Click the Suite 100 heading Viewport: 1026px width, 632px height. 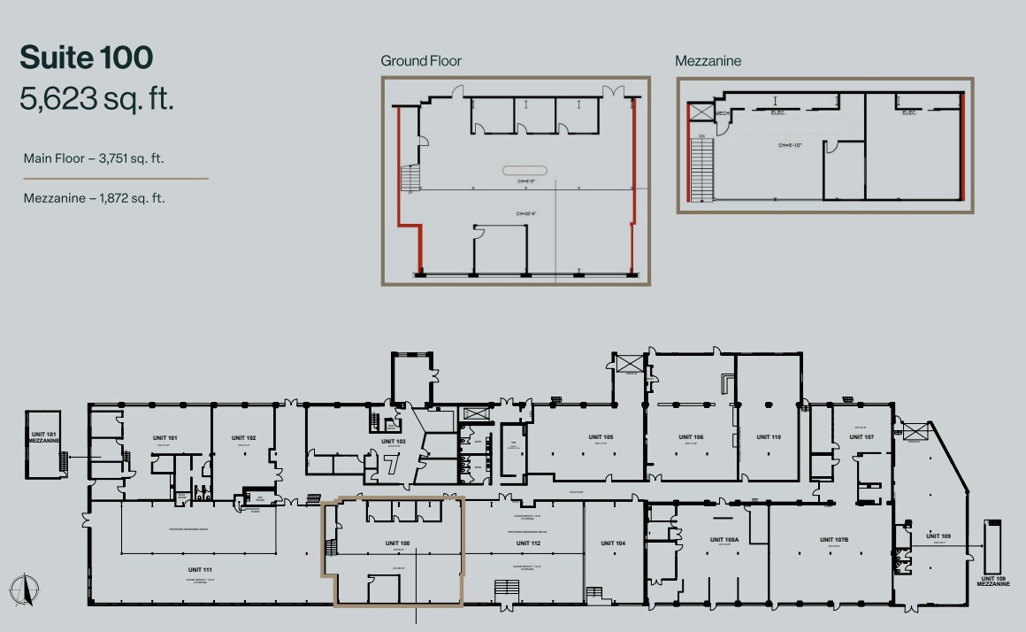click(x=87, y=58)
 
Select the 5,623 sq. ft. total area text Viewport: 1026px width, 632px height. click(x=96, y=99)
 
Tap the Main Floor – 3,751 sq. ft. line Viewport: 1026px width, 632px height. click(x=95, y=158)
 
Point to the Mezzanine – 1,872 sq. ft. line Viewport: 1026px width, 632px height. click(x=95, y=198)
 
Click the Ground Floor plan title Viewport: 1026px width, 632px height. click(x=421, y=61)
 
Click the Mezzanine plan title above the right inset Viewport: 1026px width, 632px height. click(x=708, y=61)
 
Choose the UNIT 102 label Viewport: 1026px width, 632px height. click(x=243, y=438)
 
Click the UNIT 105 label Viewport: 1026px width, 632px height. click(x=601, y=437)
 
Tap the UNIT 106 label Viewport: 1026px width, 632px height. click(x=691, y=437)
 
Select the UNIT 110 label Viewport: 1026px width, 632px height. click(x=769, y=437)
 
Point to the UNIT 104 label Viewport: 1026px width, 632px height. click(x=613, y=543)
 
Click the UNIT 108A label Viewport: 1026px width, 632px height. click(x=724, y=539)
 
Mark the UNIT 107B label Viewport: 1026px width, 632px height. click(x=834, y=539)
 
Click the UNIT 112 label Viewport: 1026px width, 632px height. click(x=528, y=543)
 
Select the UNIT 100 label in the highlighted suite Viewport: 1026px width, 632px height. click(x=397, y=543)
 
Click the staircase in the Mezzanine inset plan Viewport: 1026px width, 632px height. click(x=702, y=168)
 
